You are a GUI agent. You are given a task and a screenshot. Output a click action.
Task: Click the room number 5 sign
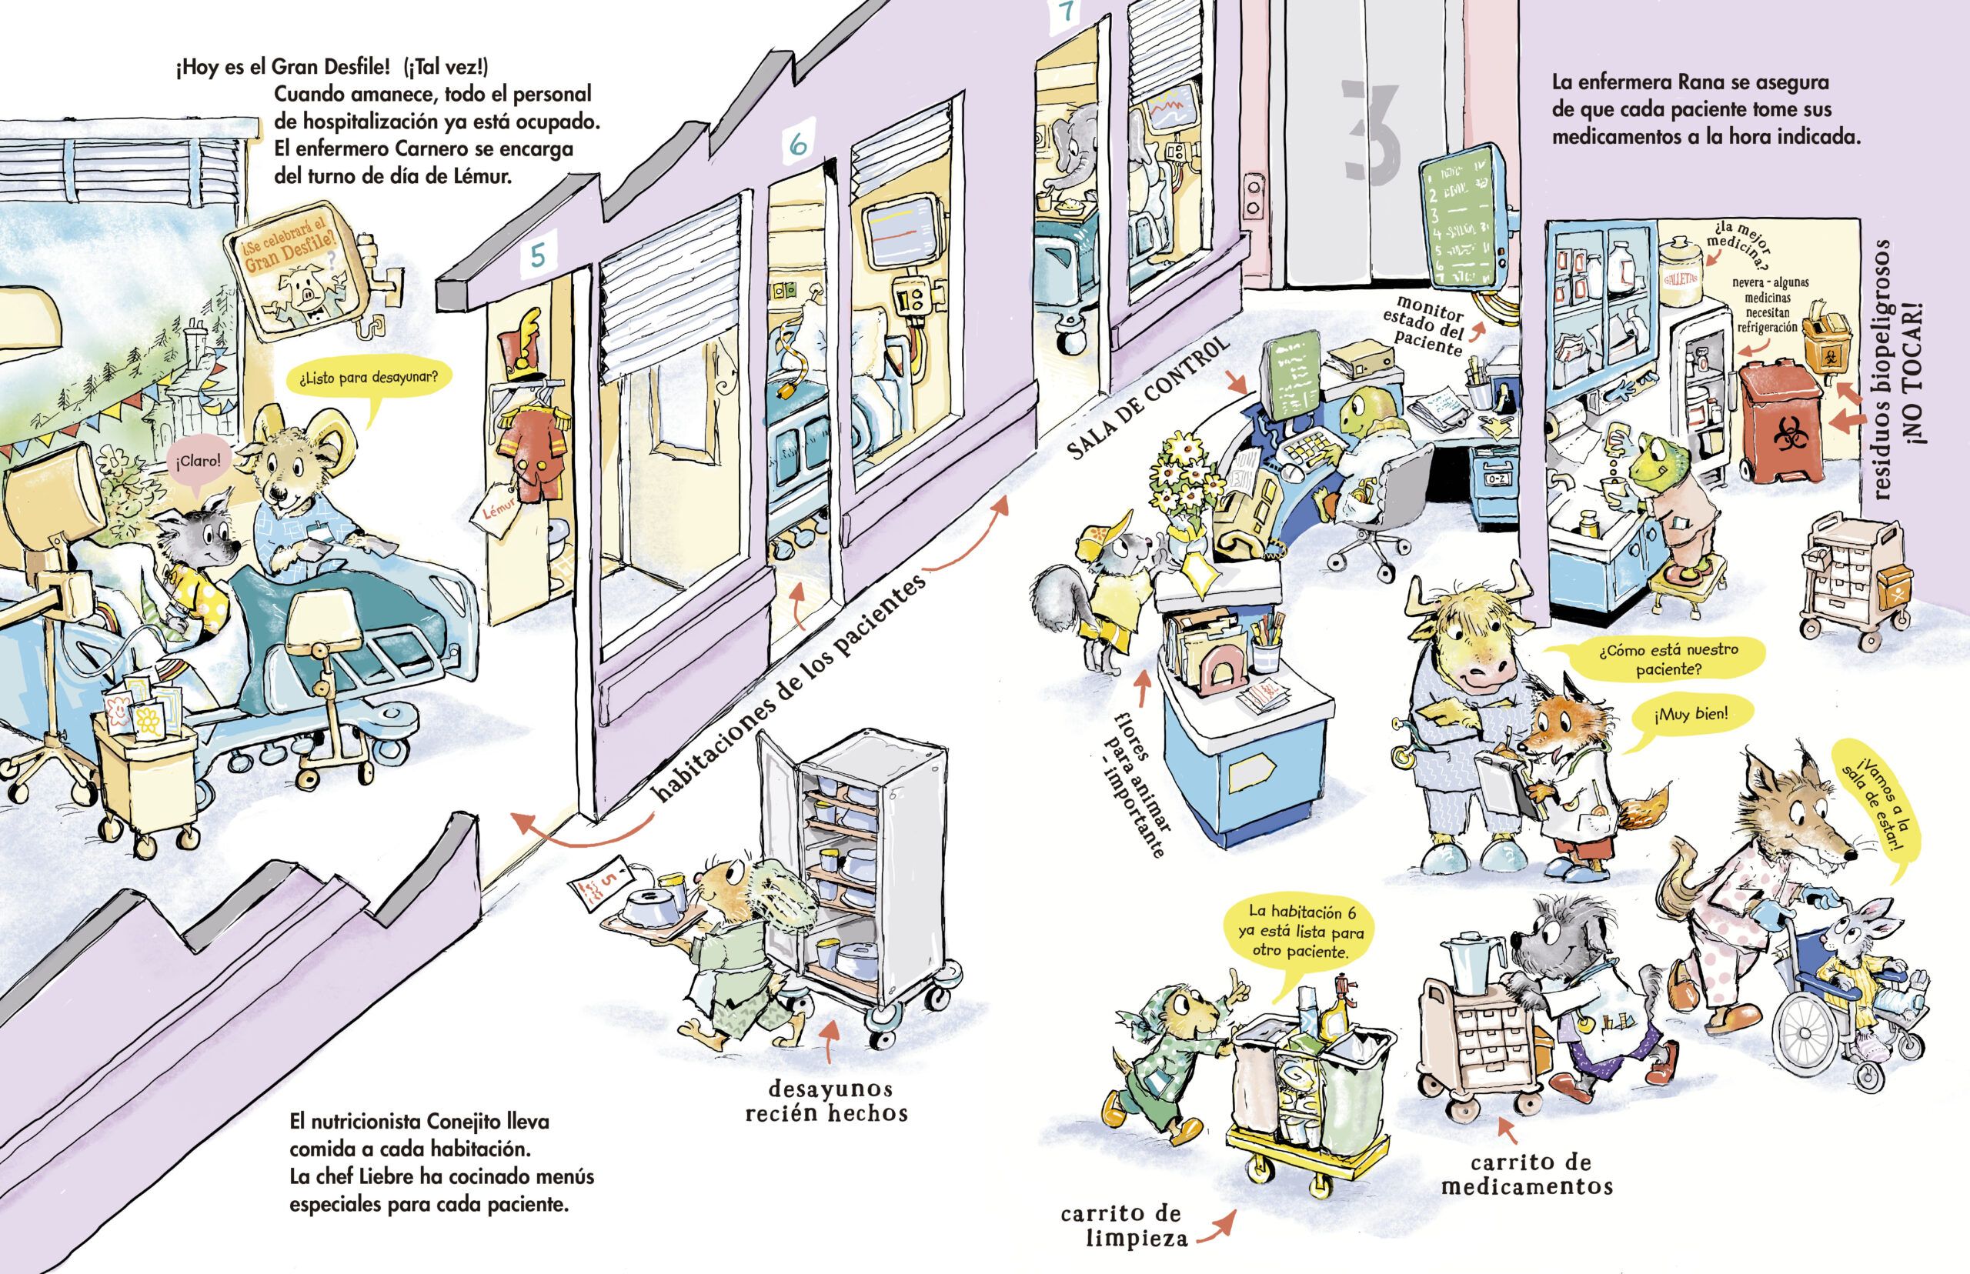pos(538,256)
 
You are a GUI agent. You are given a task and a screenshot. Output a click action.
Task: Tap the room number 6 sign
pos(797,144)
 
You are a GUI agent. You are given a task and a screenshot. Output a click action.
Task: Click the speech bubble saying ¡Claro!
pos(198,460)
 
